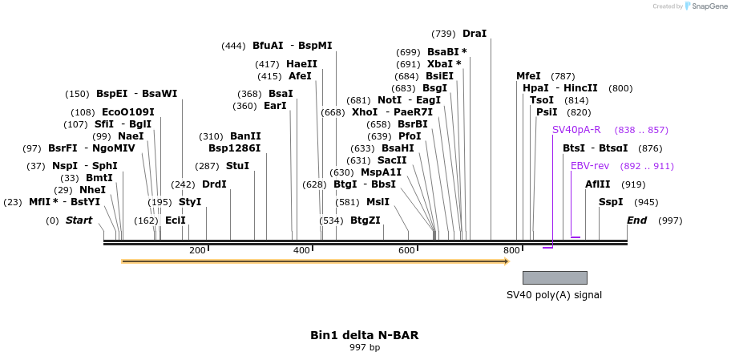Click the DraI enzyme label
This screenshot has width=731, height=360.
tap(475, 34)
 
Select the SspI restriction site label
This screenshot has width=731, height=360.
tap(611, 202)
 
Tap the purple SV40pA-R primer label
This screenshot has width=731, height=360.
tap(576, 130)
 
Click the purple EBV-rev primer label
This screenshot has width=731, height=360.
tap(590, 166)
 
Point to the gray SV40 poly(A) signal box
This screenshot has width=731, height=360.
tap(555, 277)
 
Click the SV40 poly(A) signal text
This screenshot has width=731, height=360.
tap(554, 295)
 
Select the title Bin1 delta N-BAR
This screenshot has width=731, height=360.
tap(365, 335)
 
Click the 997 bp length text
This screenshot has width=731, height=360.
tap(365, 348)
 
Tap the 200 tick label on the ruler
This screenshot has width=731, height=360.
tap(197, 251)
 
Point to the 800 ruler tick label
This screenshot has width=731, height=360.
tap(511, 251)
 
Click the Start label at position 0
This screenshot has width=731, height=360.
tap(79, 220)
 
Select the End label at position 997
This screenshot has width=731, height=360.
tap(637, 220)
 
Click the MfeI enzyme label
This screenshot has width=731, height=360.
tap(528, 76)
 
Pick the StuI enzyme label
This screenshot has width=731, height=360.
tap(237, 166)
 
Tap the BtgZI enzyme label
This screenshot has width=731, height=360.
tap(365, 220)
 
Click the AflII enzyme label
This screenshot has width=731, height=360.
tap(598, 184)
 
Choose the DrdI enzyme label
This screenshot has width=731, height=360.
tap(214, 184)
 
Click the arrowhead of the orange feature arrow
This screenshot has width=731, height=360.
tap(506, 261)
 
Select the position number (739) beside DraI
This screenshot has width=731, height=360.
tap(443, 34)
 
